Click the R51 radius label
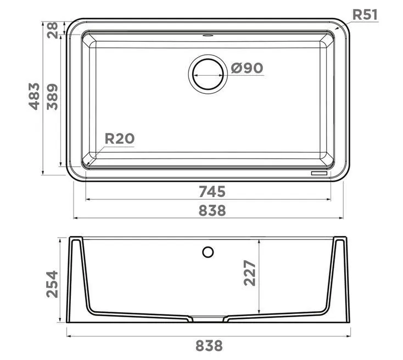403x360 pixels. coord(365,15)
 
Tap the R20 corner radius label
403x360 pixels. coord(120,138)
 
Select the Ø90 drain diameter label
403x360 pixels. coord(247,68)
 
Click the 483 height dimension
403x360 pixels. coord(34,97)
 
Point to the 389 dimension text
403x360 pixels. coord(52,97)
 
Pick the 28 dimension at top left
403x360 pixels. coord(52,30)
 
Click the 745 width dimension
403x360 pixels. coord(212,192)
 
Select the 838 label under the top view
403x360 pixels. coord(212,210)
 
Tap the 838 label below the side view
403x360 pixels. coord(209,346)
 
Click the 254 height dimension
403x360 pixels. coord(52,284)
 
